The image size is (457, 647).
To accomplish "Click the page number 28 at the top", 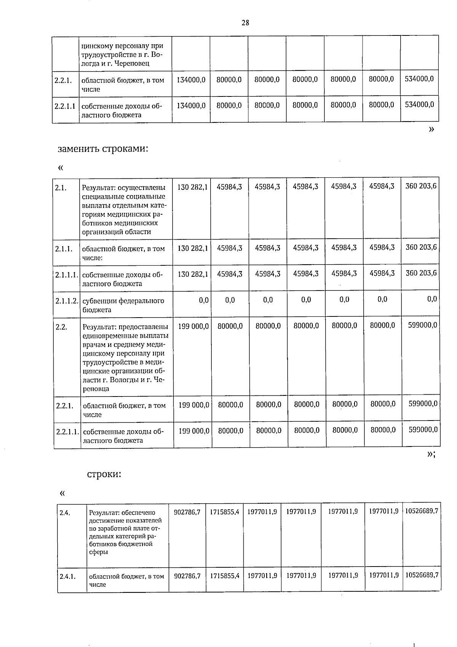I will [245, 23].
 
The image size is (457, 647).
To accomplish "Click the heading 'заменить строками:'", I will [102, 148].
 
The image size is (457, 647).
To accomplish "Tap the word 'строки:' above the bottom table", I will [104, 474].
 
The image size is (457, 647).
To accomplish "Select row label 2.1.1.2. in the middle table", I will [67, 301].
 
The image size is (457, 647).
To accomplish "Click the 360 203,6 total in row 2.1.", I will [421, 186].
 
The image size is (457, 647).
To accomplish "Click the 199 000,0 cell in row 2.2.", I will [193, 326].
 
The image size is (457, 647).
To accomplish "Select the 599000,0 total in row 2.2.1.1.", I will [423, 430].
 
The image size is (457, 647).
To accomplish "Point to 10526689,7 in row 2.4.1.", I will [421, 575].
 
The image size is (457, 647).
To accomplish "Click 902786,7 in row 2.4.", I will [187, 512].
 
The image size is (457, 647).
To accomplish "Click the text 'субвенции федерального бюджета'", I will [123, 305].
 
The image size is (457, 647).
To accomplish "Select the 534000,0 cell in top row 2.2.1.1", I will [419, 105].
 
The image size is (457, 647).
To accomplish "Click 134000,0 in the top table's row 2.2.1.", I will [191, 80].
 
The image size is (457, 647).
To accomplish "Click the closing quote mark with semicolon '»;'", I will [431, 454].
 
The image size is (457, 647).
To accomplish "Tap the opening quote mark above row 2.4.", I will [62, 493].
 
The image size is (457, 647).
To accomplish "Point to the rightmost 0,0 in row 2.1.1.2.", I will [432, 300].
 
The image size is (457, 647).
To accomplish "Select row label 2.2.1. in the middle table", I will [65, 406].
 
